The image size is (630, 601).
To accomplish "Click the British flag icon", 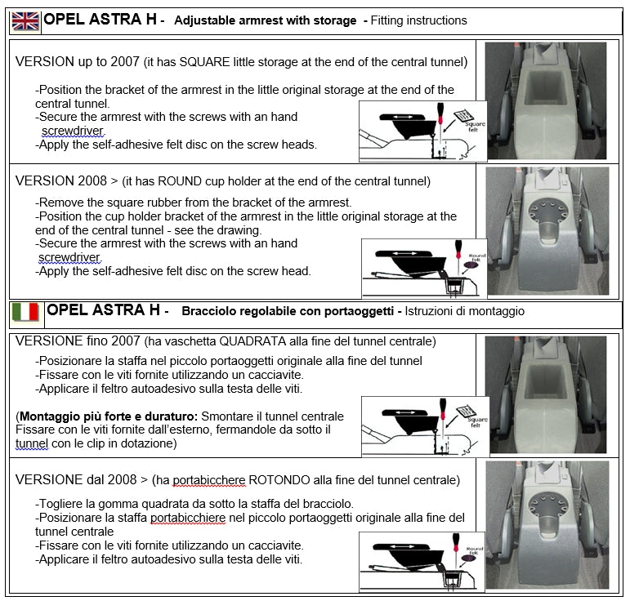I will coord(25,20).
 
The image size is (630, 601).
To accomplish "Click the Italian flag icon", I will coord(25,312).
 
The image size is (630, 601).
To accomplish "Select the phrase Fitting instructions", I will coord(418,20).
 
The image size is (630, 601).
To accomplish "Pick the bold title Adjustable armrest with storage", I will coord(265,20).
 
